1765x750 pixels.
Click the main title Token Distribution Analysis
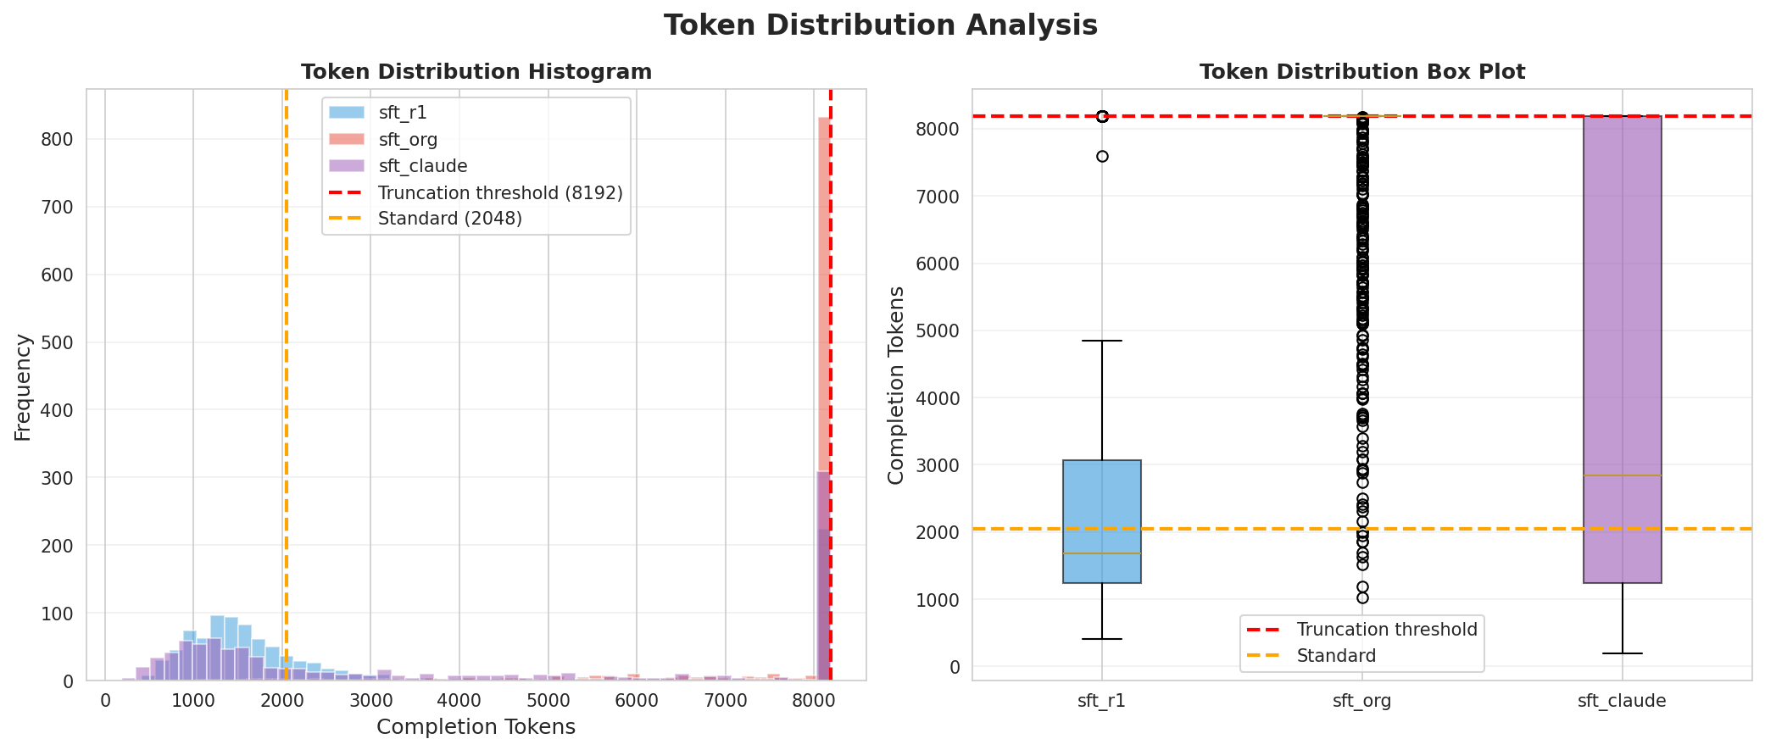pyautogui.click(x=881, y=25)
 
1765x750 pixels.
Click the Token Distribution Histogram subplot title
pyautogui.click(x=476, y=72)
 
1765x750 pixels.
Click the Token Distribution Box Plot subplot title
pyautogui.click(x=1361, y=72)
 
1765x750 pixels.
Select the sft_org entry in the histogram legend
pyautogui.click(x=408, y=140)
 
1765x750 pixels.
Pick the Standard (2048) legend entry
pyautogui.click(x=449, y=219)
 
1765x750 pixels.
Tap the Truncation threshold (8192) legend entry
pyautogui.click(x=500, y=192)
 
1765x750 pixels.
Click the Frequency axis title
pyautogui.click(x=23, y=387)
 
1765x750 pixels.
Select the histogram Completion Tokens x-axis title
pyautogui.click(x=476, y=727)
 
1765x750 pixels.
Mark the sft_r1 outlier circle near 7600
pyautogui.click(x=1102, y=156)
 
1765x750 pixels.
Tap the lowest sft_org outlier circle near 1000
pyautogui.click(x=1362, y=597)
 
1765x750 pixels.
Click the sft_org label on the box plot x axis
pyautogui.click(x=1361, y=701)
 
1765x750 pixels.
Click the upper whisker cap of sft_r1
pyautogui.click(x=1102, y=341)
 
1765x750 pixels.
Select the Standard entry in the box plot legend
pyautogui.click(x=1336, y=656)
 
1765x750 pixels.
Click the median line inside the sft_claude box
pyautogui.click(x=1622, y=475)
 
